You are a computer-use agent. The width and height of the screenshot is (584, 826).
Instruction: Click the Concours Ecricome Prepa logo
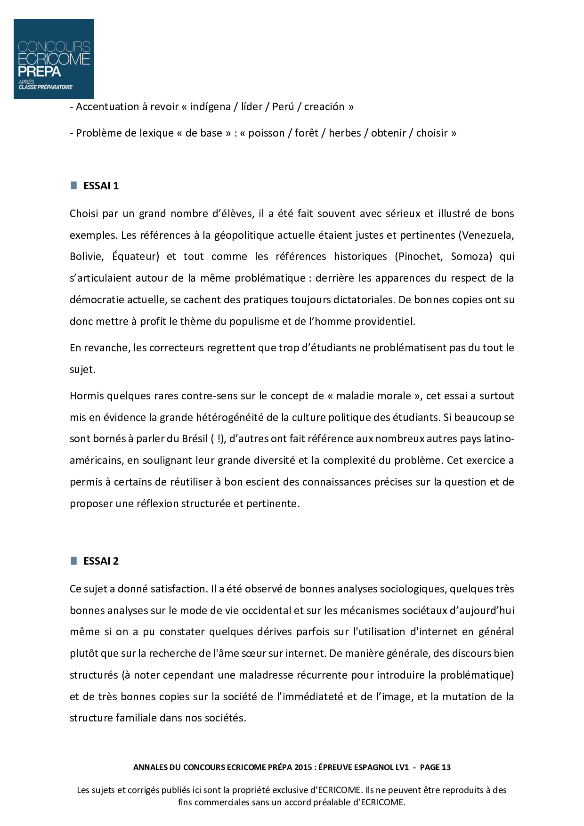pos(54,59)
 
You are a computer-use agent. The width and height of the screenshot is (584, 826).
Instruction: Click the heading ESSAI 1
pos(101,186)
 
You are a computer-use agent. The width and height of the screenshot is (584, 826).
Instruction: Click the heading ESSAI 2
pos(101,561)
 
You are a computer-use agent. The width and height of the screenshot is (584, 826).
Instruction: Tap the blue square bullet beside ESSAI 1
pos(74,185)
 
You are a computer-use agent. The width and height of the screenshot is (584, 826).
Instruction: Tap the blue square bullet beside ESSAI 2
pos(74,560)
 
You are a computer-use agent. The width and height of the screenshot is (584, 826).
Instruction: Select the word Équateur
pos(136,257)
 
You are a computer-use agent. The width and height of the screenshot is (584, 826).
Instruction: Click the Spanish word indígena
pos(211,107)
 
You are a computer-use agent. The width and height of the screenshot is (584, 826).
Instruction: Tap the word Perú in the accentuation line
pos(283,107)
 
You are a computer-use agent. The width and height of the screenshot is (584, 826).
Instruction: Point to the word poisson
pos(267,133)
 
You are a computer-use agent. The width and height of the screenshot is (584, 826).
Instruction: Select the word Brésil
pos(195,439)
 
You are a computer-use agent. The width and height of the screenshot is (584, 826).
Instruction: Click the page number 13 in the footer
pos(446,767)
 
